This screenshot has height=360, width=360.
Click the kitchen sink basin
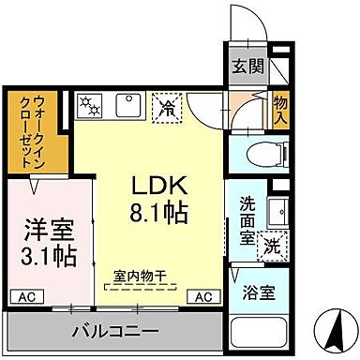tap(128, 105)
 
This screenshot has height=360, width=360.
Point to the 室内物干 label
tap(140, 275)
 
